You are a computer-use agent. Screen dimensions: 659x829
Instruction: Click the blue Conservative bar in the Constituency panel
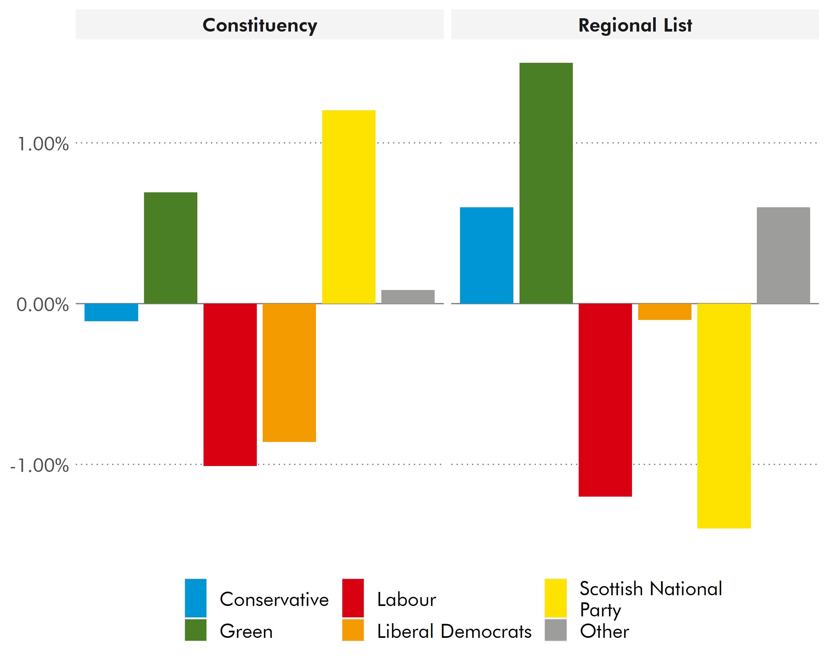[x=111, y=312]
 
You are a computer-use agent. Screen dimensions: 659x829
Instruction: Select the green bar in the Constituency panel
[x=170, y=248]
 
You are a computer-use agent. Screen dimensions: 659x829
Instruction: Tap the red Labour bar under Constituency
[x=230, y=385]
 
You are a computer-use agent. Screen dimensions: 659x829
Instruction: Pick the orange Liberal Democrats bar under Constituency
[x=289, y=373]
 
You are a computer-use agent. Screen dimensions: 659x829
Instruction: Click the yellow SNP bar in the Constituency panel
[x=349, y=207]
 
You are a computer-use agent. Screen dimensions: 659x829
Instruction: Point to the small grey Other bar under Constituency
[x=408, y=297]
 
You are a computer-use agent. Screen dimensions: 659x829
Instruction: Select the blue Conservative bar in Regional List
[x=486, y=255]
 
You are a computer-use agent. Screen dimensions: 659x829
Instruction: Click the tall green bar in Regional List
[x=546, y=183]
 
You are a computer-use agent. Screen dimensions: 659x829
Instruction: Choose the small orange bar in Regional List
[x=665, y=312]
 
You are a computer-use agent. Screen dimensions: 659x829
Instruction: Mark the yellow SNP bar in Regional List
[x=724, y=416]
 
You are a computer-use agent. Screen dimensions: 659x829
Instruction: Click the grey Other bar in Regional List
[x=783, y=255]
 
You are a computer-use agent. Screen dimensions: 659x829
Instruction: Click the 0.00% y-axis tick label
[x=42, y=305]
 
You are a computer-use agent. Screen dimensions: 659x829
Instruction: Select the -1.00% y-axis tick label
[x=40, y=465]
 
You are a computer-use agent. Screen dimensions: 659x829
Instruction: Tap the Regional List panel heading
[x=635, y=25]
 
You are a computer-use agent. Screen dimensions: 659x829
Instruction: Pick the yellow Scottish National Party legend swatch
[x=555, y=598]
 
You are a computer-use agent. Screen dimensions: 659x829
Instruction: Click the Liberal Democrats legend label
[x=454, y=631]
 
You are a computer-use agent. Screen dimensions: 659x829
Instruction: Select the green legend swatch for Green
[x=195, y=630]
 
